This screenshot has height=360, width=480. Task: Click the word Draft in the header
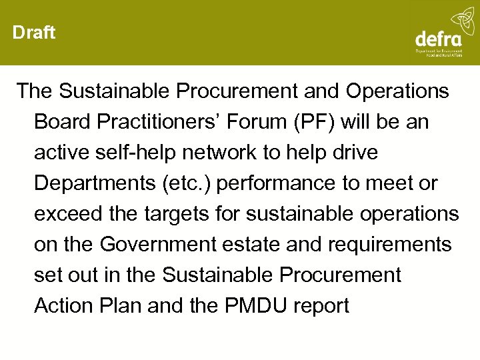34,33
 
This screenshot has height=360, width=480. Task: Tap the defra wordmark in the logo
438,39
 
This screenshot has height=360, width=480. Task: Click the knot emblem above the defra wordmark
461,19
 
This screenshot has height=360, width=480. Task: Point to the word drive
355,153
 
